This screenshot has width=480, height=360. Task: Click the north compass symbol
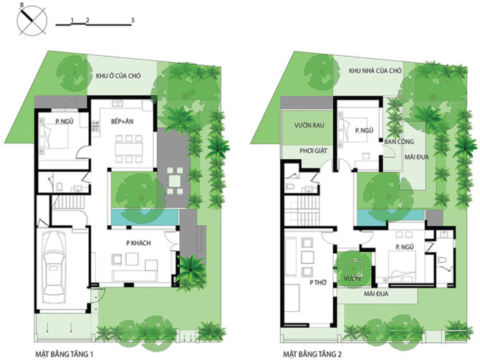coord(32,21)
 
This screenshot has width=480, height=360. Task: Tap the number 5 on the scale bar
coord(133,20)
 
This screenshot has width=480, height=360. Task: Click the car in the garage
coord(54,266)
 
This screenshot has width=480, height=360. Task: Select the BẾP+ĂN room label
coord(122,121)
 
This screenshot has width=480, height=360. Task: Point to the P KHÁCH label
coord(138,243)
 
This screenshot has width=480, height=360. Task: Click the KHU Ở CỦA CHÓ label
coord(118,76)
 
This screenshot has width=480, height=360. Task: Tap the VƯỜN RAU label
coord(309,125)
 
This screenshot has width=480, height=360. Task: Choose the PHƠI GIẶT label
coord(313,151)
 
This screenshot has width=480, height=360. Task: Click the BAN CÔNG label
coord(399,141)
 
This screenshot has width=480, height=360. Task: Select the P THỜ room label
coord(318,283)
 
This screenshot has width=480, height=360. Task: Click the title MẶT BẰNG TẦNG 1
coord(64,354)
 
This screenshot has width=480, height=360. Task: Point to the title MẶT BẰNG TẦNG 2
coord(312,354)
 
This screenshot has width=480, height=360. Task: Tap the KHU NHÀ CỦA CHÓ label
coord(375,71)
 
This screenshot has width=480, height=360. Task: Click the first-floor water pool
coord(145,217)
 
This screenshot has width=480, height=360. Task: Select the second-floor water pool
coord(391,217)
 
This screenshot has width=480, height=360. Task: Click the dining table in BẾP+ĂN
coord(129,149)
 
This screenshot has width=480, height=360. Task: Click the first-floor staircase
coord(69,203)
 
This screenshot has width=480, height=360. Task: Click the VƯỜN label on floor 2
coord(352,278)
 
